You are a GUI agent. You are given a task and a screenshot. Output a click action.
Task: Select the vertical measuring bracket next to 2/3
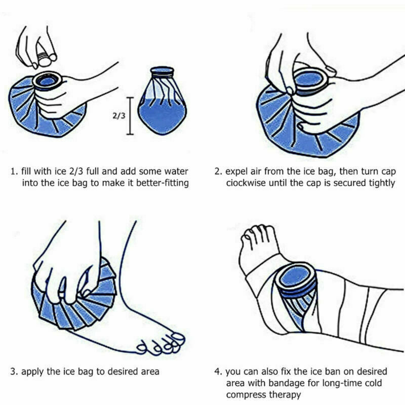coord(131,115)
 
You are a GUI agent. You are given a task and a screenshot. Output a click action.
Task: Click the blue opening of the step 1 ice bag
coord(48,80)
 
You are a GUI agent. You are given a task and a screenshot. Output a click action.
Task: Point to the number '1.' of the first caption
coord(14,171)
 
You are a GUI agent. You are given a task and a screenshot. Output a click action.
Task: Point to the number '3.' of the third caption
coord(14,372)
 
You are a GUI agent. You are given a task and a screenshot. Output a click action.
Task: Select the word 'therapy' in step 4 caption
coord(285,395)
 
